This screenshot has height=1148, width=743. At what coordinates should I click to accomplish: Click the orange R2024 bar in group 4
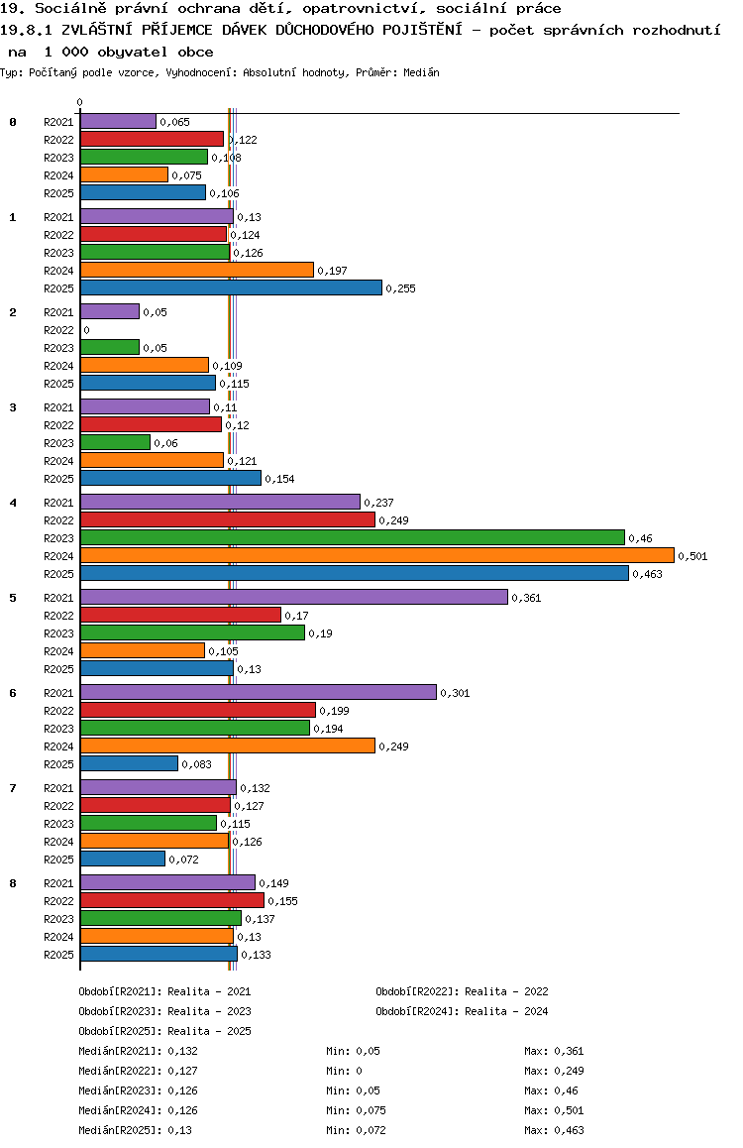coord(376,555)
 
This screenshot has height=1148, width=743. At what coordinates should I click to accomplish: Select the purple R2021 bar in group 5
coord(293,597)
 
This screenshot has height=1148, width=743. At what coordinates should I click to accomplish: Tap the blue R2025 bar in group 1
coord(231,287)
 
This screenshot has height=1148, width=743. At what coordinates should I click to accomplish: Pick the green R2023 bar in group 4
coord(352,537)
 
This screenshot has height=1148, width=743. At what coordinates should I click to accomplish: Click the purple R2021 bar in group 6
coord(258,692)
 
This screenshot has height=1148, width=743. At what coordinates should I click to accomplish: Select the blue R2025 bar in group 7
coord(122,859)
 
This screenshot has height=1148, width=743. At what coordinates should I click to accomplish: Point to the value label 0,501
coord(692,556)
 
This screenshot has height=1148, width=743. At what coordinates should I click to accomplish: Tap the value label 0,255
coord(400,288)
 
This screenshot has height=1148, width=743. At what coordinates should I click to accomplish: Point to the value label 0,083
coord(196,764)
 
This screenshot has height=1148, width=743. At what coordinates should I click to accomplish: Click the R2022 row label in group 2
coord(58,330)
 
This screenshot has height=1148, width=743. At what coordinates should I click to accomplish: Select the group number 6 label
coord(13,692)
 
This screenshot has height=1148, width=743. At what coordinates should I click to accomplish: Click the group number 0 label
coord(13,122)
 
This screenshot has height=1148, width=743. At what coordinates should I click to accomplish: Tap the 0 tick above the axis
coord(80,102)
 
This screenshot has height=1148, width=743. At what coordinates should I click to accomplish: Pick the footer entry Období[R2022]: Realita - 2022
coord(462,991)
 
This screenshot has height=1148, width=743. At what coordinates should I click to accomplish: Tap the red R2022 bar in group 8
coord(171,900)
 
